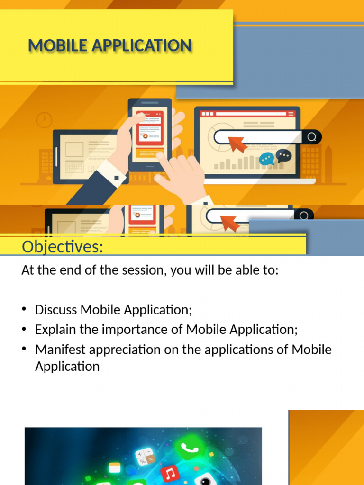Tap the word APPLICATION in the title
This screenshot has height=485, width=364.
[141, 46]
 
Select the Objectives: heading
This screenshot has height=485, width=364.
[63, 247]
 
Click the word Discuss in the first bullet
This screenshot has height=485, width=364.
[56, 310]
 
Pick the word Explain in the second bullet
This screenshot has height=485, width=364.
[56, 330]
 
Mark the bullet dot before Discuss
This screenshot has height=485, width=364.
[24, 309]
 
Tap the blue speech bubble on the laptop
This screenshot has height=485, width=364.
[266, 160]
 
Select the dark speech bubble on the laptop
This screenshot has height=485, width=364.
[284, 156]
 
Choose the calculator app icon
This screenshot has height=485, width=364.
[145, 458]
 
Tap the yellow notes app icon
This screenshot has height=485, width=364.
[115, 468]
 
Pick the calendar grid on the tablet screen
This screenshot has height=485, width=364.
[74, 166]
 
